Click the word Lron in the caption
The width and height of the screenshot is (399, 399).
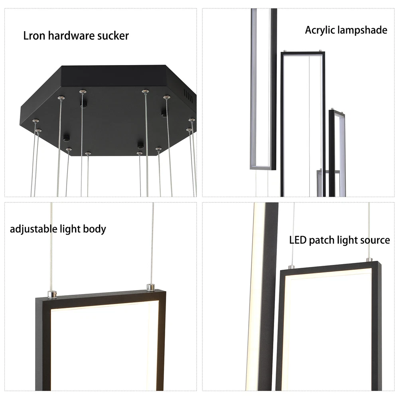click(x=34, y=36)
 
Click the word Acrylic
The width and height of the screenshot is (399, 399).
click(x=320, y=30)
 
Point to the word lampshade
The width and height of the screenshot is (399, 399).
click(x=362, y=30)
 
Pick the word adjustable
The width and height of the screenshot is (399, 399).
click(x=34, y=229)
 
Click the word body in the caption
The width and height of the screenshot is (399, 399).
click(x=95, y=229)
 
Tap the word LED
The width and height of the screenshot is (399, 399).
click(x=298, y=240)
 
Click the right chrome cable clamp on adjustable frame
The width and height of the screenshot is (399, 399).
click(x=151, y=287)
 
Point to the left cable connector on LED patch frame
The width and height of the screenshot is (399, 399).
click(x=292, y=267)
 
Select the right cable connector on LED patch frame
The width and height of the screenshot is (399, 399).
click(x=369, y=260)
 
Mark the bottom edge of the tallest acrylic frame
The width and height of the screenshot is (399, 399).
click(x=263, y=168)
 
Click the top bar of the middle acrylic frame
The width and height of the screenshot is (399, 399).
click(x=303, y=53)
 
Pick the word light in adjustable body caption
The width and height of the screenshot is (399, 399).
click(x=70, y=229)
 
